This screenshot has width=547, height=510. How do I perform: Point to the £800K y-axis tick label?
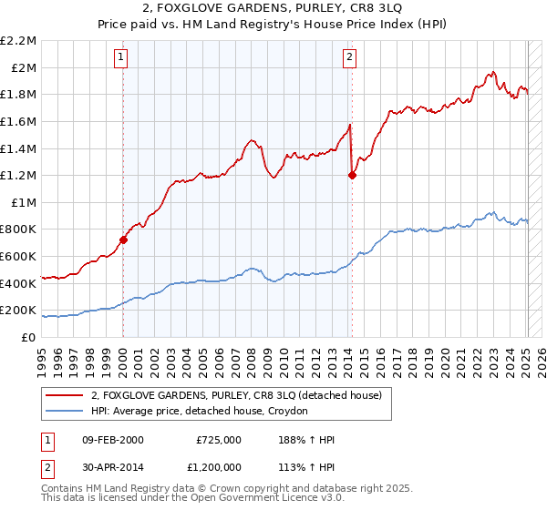(x=20, y=229)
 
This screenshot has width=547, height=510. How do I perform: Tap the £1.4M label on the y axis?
(x=20, y=148)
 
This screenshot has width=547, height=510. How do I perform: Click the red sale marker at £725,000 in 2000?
(x=123, y=240)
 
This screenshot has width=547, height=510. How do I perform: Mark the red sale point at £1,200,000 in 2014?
(x=352, y=176)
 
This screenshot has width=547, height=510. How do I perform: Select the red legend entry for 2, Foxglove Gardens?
(x=241, y=395)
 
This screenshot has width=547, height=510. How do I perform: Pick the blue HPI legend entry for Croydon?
(x=199, y=411)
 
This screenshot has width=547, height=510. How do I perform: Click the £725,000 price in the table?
(x=219, y=440)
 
